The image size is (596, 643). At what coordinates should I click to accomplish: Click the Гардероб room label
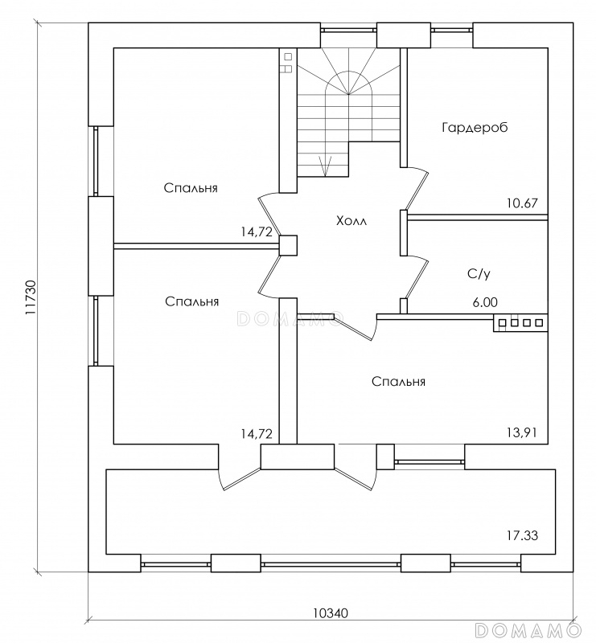click(475, 128)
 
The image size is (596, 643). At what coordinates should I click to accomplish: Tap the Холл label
click(351, 221)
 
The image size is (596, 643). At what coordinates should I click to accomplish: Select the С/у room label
click(479, 274)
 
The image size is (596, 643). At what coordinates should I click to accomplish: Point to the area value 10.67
click(522, 203)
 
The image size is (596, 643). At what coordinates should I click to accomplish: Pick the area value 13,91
click(522, 433)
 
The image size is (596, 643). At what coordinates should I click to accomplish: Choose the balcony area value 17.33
click(523, 534)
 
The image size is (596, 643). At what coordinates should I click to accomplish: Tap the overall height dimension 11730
click(31, 302)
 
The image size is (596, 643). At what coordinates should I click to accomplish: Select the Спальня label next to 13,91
click(398, 382)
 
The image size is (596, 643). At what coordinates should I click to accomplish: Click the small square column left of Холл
click(288, 245)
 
